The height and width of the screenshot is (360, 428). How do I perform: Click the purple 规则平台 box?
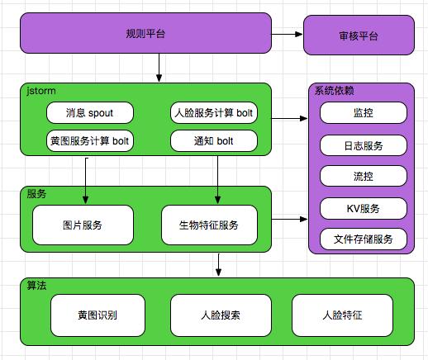pyautogui.click(x=145, y=34)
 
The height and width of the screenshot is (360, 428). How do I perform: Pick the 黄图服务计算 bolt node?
pyautogui.click(x=88, y=140)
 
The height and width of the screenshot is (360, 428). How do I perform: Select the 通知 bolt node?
pyautogui.click(x=214, y=140)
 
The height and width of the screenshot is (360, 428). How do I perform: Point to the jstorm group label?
pyautogui.click(x=41, y=90)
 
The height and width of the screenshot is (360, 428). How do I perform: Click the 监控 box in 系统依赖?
pyautogui.click(x=363, y=113)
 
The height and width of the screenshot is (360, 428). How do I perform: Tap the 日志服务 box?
pyautogui.click(x=363, y=145)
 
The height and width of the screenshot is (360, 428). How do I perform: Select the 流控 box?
pyautogui.click(x=363, y=177)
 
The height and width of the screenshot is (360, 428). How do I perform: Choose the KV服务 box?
pyautogui.click(x=363, y=208)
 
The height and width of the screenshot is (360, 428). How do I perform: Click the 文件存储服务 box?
pyautogui.click(x=363, y=239)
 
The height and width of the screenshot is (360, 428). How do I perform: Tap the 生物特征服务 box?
pyautogui.click(x=209, y=225)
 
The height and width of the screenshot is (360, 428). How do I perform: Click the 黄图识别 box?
pyautogui.click(x=97, y=315)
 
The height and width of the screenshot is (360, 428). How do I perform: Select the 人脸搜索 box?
pyautogui.click(x=221, y=315)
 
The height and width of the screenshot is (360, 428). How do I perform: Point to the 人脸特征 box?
pyautogui.click(x=340, y=315)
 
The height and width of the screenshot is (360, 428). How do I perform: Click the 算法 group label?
pyautogui.click(x=36, y=285)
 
